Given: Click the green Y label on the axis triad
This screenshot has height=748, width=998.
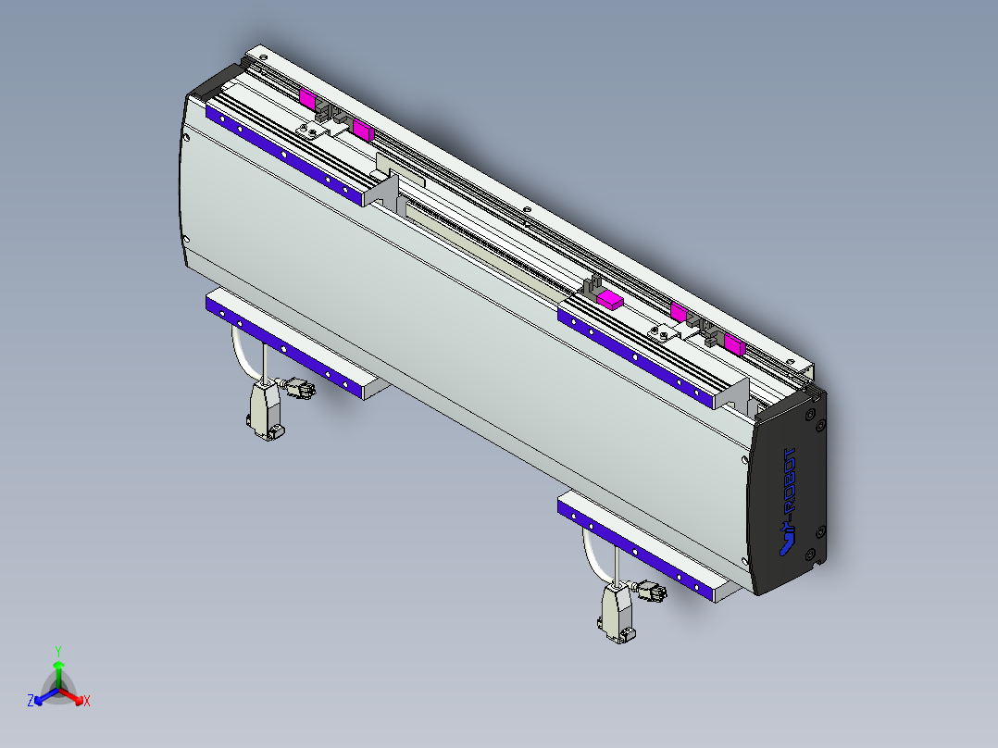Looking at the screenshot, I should (x=58, y=651).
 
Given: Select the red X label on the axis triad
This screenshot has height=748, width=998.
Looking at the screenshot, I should (x=87, y=702).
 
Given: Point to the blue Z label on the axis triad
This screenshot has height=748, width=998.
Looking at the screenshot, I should (x=31, y=701).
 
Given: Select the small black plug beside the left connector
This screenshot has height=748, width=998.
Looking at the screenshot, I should (x=299, y=389).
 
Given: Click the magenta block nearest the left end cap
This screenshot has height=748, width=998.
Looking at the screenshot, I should (x=307, y=96).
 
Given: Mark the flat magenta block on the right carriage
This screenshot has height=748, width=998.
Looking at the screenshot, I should (x=610, y=298).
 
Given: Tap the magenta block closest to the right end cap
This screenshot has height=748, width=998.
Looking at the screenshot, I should (x=735, y=346).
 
